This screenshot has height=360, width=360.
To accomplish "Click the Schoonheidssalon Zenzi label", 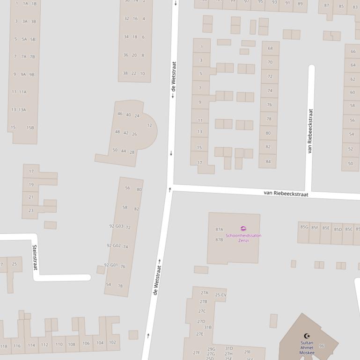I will [243, 238].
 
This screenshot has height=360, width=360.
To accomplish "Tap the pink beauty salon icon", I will [243, 229].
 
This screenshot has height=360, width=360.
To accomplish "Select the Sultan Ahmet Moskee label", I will [307, 348].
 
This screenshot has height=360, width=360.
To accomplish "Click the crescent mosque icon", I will [307, 336].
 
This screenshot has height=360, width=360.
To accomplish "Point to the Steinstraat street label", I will [35, 257].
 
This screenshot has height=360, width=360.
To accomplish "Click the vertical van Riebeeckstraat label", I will [310, 131].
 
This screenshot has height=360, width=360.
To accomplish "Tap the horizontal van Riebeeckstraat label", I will [286, 194].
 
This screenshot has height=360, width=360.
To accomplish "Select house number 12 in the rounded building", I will [149, 125].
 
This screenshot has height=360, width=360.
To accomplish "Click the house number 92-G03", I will [116, 226].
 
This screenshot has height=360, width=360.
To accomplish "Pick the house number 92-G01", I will [111, 265].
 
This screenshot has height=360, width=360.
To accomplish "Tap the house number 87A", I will [219, 230].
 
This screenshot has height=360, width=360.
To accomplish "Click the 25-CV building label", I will [220, 295].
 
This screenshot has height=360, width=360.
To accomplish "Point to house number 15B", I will [30, 128].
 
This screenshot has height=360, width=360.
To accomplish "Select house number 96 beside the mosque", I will [322, 346].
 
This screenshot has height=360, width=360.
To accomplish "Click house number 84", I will [268, 161].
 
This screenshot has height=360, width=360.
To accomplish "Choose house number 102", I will [112, 342].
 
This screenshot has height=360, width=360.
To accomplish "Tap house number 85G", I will [304, 228].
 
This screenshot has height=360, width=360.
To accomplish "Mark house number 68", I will [270, 48].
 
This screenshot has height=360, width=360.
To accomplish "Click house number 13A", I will [22, 110].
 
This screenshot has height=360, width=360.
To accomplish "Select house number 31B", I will [208, 327].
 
